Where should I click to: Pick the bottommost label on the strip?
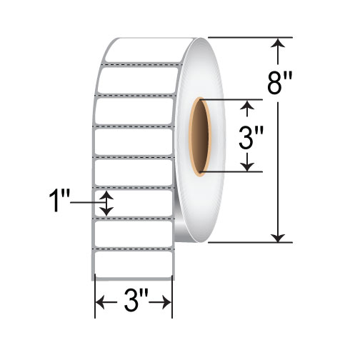pos(134,264)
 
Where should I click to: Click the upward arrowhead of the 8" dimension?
pos(279,44)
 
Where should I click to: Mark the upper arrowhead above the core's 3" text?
pos(247,108)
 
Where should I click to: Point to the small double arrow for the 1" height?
pos(107,204)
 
